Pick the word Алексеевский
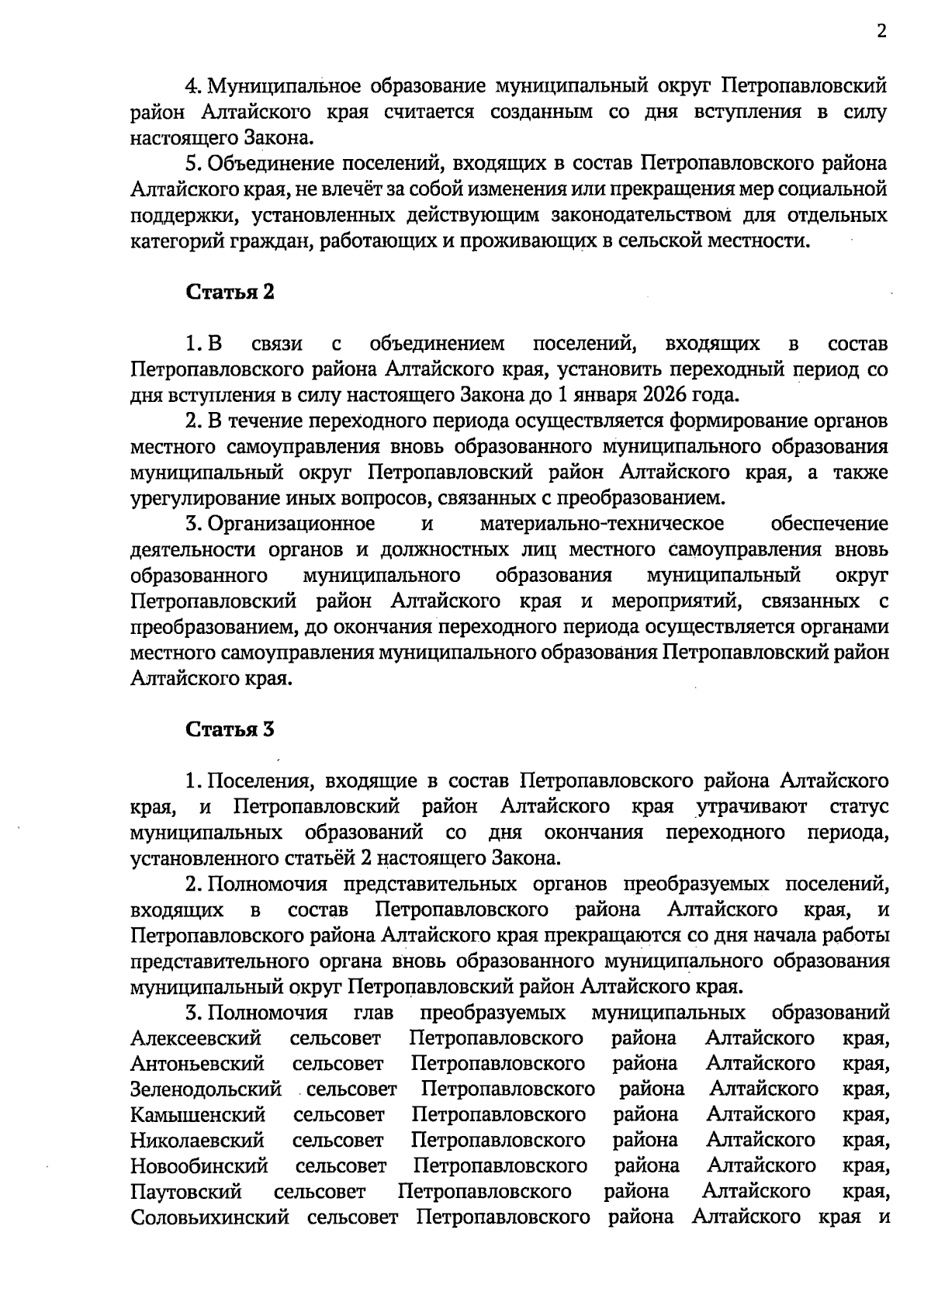[196, 1038]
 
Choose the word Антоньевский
[198, 1064]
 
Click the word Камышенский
[198, 1115]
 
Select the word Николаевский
[197, 1141]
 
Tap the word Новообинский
[199, 1166]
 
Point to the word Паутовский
[186, 1192]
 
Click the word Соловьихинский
[209, 1217]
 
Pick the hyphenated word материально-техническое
[602, 524]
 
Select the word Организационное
[291, 524]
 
